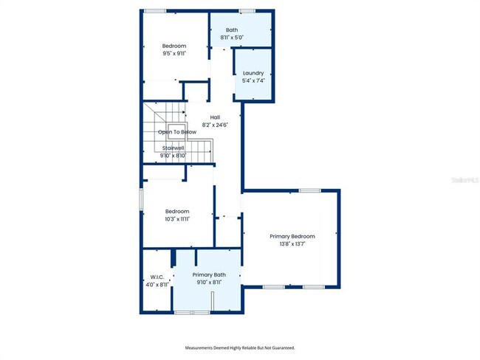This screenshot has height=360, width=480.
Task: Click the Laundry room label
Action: click(x=253, y=73)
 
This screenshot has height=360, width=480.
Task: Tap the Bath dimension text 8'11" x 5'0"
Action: click(x=232, y=37)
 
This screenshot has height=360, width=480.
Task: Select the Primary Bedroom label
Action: click(x=292, y=236)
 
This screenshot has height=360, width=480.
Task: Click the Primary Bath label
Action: click(x=209, y=274)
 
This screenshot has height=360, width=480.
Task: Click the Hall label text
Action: click(x=215, y=117)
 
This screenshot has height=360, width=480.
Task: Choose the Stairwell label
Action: click(x=173, y=148)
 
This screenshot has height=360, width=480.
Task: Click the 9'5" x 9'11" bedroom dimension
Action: click(x=175, y=53)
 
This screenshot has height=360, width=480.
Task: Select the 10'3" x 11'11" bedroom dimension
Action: click(x=177, y=219)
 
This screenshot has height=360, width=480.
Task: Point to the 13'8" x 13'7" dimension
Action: click(x=292, y=244)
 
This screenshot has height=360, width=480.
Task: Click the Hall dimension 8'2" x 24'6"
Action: click(x=215, y=125)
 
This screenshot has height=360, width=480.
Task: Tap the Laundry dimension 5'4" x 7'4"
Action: click(x=253, y=80)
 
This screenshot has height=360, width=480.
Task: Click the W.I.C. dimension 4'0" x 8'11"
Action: click(x=156, y=285)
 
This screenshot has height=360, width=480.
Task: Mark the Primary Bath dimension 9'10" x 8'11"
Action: click(x=209, y=282)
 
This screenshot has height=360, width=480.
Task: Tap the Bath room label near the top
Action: click(x=232, y=30)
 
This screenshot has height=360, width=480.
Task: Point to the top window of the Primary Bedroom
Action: click(x=309, y=191)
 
